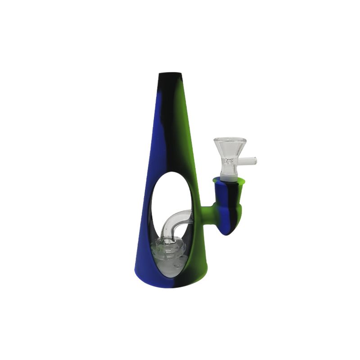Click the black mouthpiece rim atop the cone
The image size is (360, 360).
pyautogui.click(x=171, y=73)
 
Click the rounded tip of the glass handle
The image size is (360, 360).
pyautogui.click(x=255, y=160)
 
